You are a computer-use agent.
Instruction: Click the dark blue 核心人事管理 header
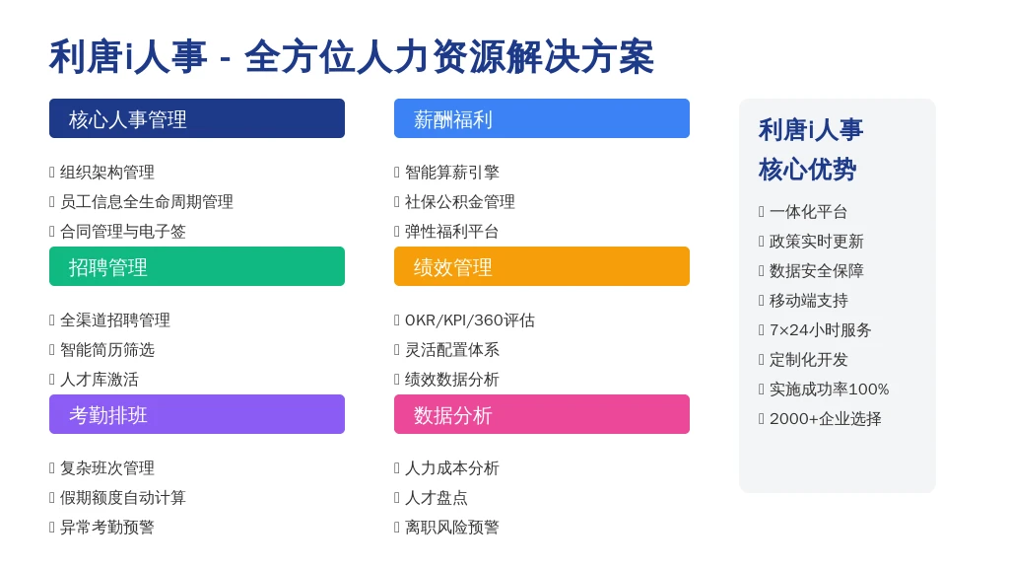(x=197, y=118)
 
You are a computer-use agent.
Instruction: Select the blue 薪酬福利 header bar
(x=542, y=118)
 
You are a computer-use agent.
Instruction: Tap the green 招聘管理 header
(x=197, y=266)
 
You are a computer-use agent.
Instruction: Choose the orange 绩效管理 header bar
(x=542, y=266)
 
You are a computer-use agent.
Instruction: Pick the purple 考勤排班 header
(x=197, y=414)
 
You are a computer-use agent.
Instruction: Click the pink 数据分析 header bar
(x=542, y=414)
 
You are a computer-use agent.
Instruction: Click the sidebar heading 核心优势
(x=807, y=170)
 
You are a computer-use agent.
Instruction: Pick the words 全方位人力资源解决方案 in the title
(x=449, y=56)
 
